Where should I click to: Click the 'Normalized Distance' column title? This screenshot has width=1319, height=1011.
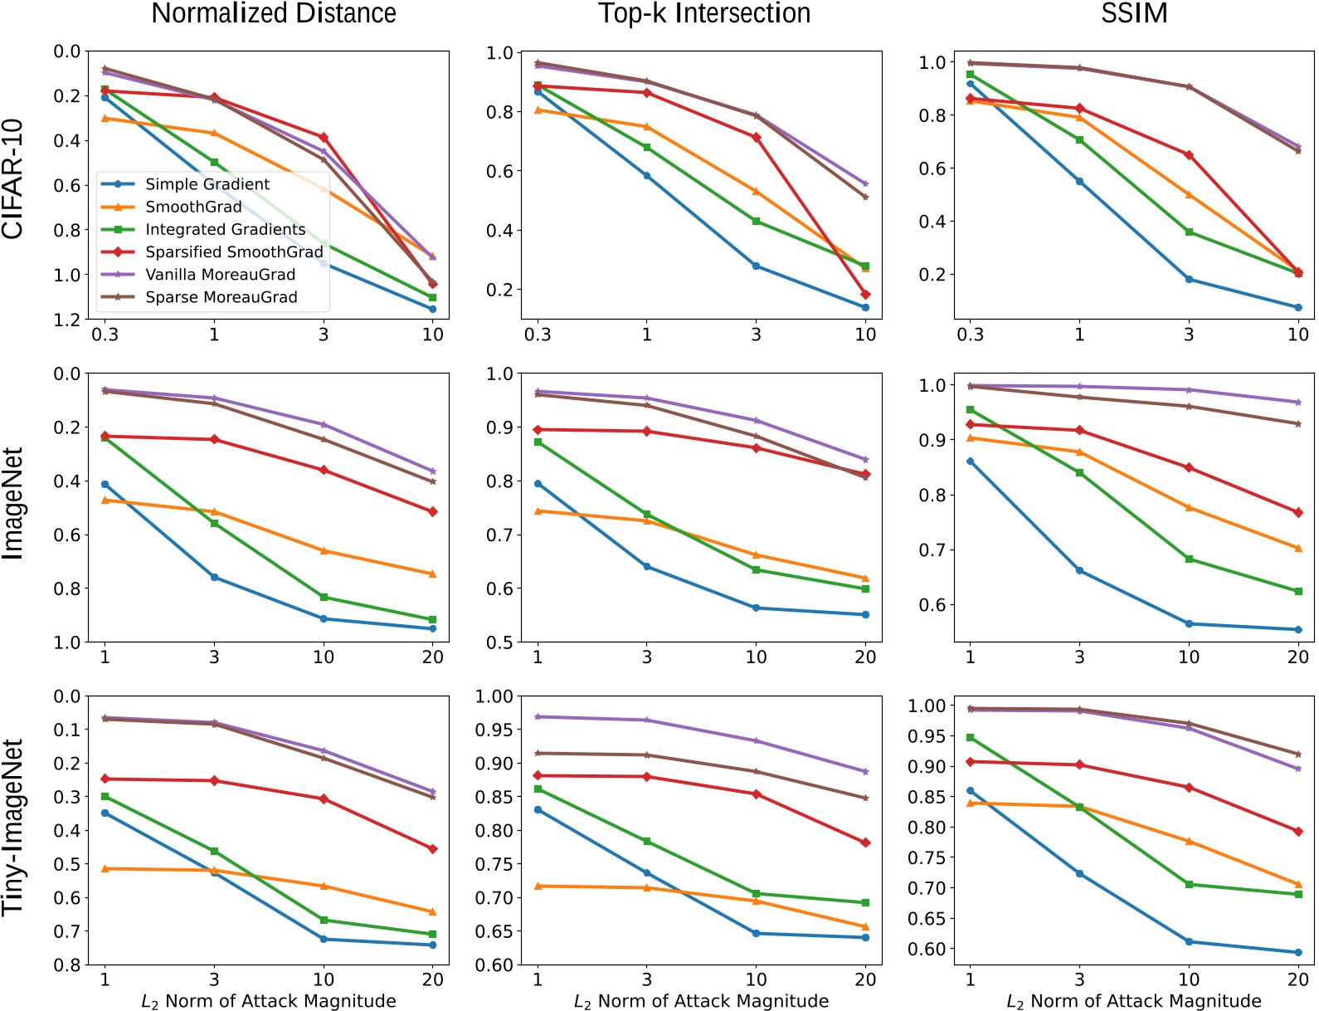(274, 13)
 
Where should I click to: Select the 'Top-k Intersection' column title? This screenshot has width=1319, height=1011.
(704, 13)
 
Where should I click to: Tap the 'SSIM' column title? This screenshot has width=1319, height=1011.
(1134, 13)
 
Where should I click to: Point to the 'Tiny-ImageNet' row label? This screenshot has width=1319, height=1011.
(13, 828)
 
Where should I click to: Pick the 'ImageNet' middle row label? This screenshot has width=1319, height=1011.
(13, 504)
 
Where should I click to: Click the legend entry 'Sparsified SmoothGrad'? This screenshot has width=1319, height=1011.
(234, 252)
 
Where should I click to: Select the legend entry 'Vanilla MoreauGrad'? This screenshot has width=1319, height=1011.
(220, 275)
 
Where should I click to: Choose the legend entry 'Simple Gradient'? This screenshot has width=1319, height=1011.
(207, 184)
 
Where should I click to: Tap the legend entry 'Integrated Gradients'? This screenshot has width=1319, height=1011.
(225, 230)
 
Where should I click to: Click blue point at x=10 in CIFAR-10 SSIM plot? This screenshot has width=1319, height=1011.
(1297, 307)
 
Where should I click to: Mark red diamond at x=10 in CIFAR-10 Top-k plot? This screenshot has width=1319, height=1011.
(865, 295)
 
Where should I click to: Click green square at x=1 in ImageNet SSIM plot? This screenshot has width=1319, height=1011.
(970, 410)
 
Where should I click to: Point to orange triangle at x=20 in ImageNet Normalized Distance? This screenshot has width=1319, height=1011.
(432, 574)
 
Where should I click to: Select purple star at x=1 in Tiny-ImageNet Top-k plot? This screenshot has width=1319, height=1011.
(538, 716)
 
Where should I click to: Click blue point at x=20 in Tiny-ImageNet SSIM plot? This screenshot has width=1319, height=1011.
(1297, 952)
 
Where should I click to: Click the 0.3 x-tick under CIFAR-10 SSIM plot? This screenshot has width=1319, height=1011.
(970, 335)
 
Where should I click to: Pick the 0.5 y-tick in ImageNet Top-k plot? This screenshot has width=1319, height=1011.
(499, 642)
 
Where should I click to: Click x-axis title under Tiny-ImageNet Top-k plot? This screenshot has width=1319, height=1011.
(701, 1001)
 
